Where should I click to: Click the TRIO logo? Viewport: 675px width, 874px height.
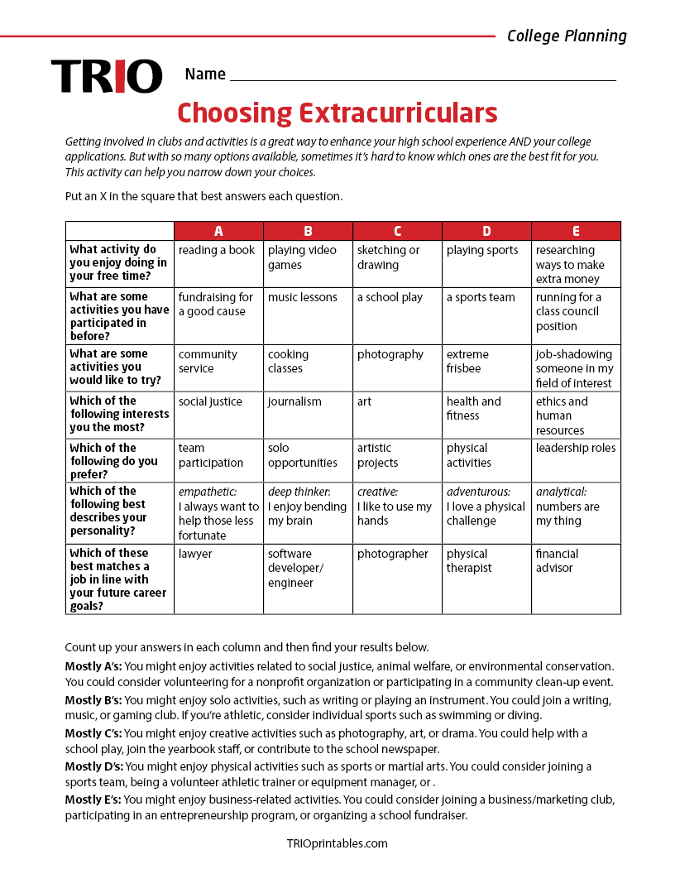point(107,76)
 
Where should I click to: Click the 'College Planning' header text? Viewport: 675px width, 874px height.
point(567,36)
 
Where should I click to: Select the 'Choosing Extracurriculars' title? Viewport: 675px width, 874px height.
point(337,112)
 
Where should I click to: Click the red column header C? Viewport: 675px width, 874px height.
point(397,231)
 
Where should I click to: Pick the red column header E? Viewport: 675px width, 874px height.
point(576,231)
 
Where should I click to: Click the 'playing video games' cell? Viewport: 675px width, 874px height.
point(308,263)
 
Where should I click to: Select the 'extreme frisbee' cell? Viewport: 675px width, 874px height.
point(486,367)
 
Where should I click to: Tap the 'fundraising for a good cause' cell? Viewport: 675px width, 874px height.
point(218,315)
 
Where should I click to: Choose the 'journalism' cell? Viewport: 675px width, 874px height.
point(308,415)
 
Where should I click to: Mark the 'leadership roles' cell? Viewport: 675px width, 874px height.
point(576,459)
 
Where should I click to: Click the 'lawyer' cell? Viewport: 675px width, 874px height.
point(218,578)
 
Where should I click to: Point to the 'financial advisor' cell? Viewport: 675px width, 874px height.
point(576,578)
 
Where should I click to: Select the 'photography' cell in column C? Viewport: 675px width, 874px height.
point(397,367)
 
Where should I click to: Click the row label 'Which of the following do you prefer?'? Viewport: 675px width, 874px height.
point(119,460)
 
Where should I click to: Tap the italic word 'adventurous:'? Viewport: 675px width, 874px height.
point(478,492)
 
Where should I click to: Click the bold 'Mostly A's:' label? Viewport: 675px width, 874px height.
point(93,666)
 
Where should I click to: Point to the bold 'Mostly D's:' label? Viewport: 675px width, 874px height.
point(93,766)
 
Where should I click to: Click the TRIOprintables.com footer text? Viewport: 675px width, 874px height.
point(337,843)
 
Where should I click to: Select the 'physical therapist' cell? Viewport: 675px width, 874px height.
point(486,578)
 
